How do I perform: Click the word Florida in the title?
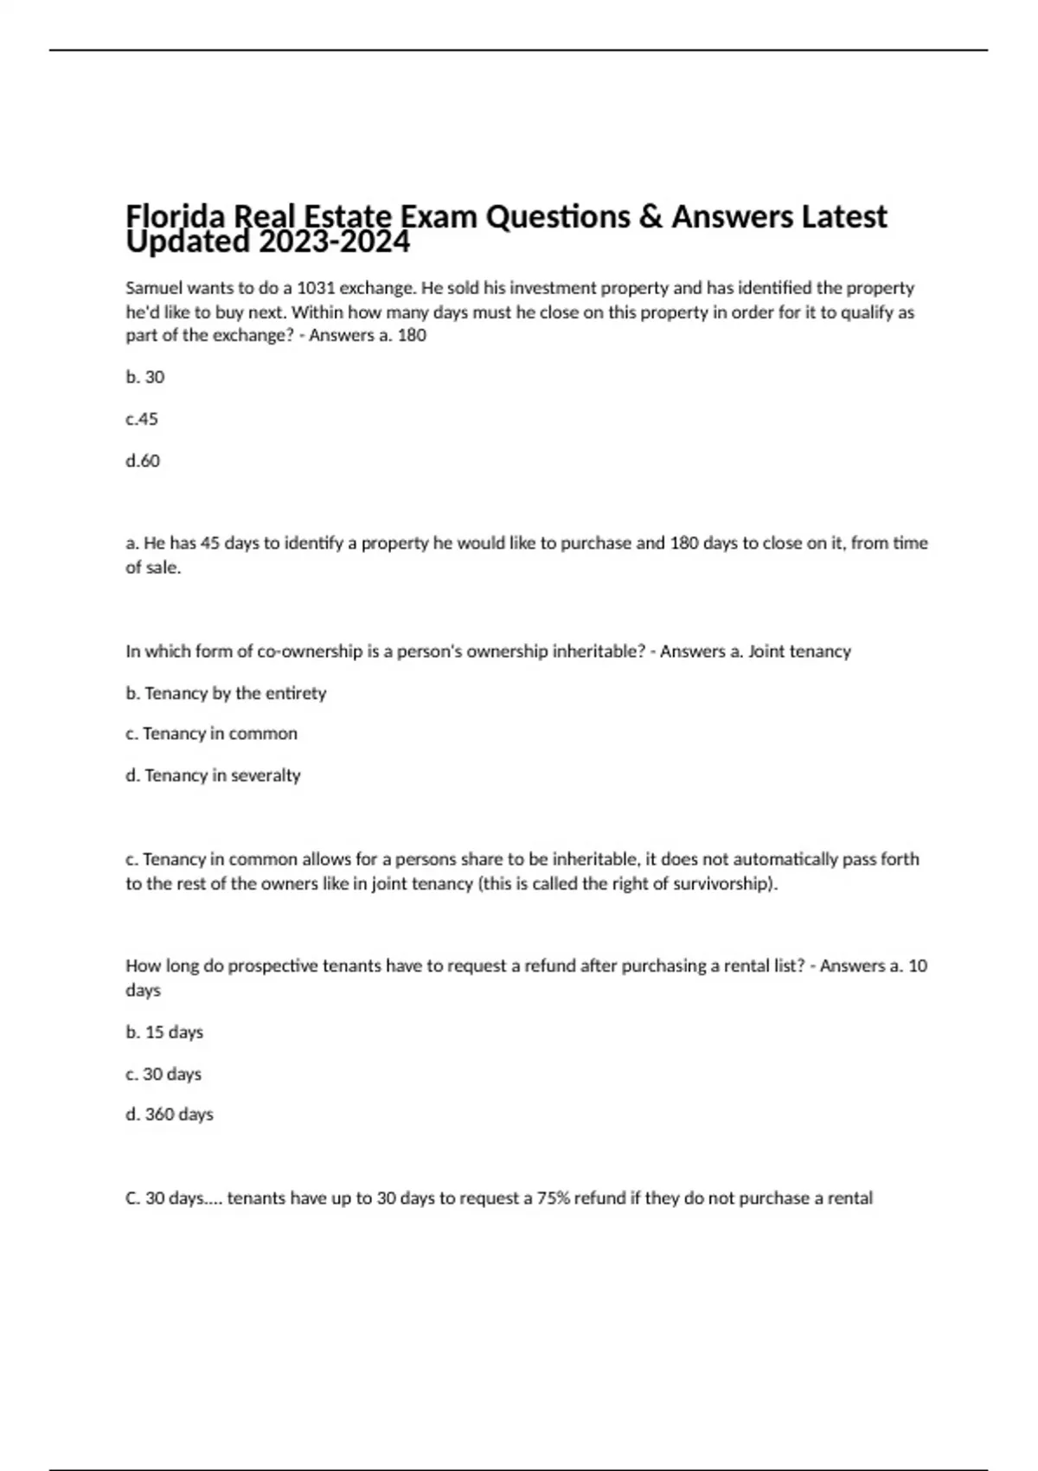[169, 216]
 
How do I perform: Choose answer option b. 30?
[144, 377]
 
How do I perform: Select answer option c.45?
[142, 419]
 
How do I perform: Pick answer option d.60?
[143, 460]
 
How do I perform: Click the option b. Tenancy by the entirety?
[226, 693]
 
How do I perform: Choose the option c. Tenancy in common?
[211, 734]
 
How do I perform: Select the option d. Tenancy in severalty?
[213, 775]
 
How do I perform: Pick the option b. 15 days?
[164, 1032]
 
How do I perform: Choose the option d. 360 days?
[170, 1114]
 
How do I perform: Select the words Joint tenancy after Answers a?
[799, 652]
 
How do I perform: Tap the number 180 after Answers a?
[412, 336]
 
